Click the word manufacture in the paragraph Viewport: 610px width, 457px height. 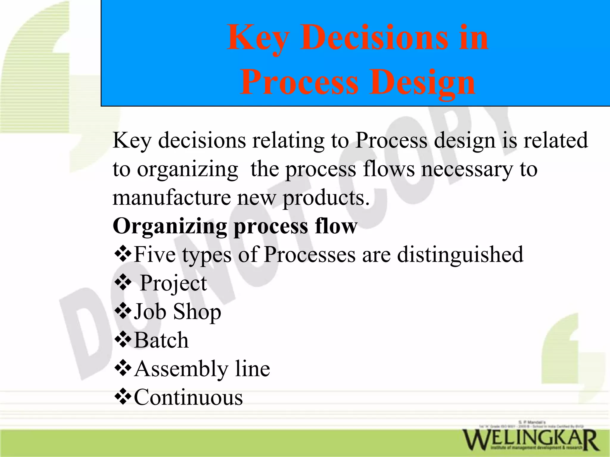click(172, 198)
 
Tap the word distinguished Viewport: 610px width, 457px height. click(460, 254)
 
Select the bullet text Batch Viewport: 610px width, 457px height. click(161, 340)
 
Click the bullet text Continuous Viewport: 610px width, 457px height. click(188, 397)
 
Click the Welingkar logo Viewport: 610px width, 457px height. click(530, 439)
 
